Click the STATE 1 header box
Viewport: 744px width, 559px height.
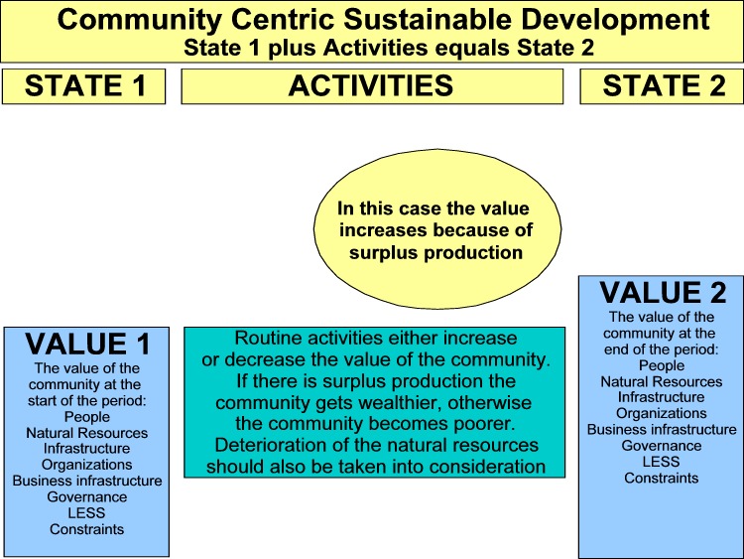point(84,86)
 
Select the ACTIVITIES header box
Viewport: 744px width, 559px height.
point(372,86)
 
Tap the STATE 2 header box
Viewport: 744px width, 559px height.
point(662,86)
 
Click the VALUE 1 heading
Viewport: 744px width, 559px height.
point(87,344)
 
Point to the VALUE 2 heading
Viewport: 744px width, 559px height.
point(663,292)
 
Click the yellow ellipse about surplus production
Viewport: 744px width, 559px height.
point(437,229)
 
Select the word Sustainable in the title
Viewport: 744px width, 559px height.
point(428,20)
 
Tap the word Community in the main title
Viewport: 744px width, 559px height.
point(140,21)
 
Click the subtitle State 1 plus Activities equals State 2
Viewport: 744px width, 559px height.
point(389,48)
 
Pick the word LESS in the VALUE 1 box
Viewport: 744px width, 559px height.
point(86,513)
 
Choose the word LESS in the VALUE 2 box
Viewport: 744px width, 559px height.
point(661,462)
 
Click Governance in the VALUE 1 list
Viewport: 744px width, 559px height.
point(87,496)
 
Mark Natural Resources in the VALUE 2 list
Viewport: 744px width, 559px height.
point(662,382)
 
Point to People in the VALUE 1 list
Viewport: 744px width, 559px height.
point(87,417)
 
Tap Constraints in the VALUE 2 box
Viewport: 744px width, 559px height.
point(661,478)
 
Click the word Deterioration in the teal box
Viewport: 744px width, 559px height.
point(273,445)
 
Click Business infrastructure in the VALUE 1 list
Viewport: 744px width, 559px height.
point(87,481)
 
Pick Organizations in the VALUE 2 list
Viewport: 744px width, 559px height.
point(662,414)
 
